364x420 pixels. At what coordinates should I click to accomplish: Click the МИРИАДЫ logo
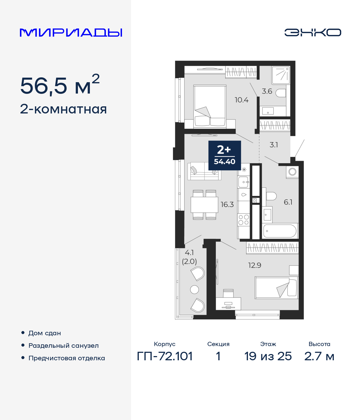pyautogui.click(x=71, y=32)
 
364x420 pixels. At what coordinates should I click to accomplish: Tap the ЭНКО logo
pyautogui.click(x=313, y=32)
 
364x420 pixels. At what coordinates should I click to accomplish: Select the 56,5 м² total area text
pyautogui.click(x=60, y=85)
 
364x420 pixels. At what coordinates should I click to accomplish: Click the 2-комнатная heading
pyautogui.click(x=63, y=109)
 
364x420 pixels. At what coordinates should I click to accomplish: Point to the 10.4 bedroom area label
pyautogui.click(x=241, y=100)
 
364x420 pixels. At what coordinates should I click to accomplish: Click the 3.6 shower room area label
pyautogui.click(x=267, y=91)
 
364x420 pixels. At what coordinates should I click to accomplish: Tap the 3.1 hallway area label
pyautogui.click(x=274, y=145)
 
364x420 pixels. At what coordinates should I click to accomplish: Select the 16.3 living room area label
pyautogui.click(x=227, y=204)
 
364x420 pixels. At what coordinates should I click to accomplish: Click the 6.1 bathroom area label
pyautogui.click(x=288, y=202)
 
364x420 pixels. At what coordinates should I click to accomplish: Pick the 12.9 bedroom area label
pyautogui.click(x=255, y=265)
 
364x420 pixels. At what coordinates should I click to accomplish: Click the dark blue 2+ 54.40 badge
pyautogui.click(x=225, y=155)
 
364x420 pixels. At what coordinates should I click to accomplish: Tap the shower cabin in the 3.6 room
pyautogui.click(x=281, y=75)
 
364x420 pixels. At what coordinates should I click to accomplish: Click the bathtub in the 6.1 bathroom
pyautogui.click(x=280, y=231)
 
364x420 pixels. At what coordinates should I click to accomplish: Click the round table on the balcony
pyautogui.click(x=195, y=289)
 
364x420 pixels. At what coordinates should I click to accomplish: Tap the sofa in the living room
pyautogui.click(x=204, y=171)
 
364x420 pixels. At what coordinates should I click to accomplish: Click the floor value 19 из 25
pyautogui.click(x=268, y=356)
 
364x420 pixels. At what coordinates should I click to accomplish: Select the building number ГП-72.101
pyautogui.click(x=165, y=356)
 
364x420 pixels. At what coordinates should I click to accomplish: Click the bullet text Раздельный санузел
pyautogui.click(x=63, y=345)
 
